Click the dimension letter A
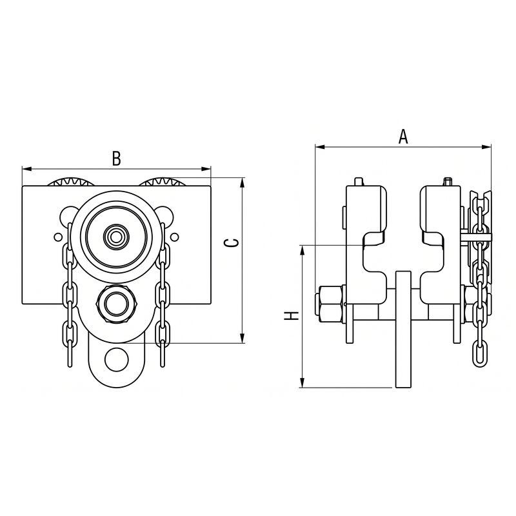point(403,137)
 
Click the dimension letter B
point(117,158)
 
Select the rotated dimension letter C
point(232,243)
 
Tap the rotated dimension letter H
point(292,316)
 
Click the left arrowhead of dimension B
point(26,169)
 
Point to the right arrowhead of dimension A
point(486,147)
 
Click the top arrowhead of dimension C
point(243,183)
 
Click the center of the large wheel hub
point(115,236)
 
